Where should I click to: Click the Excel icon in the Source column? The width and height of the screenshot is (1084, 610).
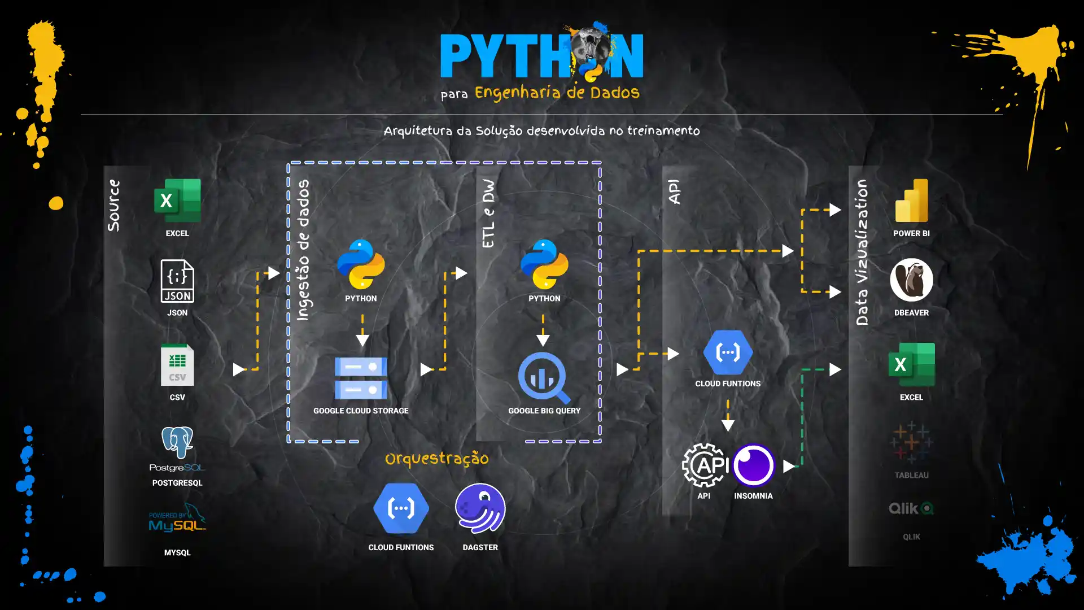tap(177, 201)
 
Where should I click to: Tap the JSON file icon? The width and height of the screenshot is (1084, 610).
tap(177, 281)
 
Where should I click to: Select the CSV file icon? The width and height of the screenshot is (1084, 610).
tap(177, 365)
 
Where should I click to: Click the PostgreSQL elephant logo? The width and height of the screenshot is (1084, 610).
tap(177, 442)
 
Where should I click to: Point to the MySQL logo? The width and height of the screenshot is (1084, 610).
tap(177, 518)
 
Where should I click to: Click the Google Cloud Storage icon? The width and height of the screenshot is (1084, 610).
tap(361, 378)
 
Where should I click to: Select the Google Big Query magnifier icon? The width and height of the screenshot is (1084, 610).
tap(544, 377)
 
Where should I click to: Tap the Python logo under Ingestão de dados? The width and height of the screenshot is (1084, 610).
tap(361, 264)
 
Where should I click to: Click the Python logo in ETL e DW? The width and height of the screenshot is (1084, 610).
tap(544, 264)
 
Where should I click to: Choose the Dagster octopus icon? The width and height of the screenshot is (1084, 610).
tap(480, 508)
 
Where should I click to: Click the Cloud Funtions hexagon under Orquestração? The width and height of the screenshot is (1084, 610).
tap(401, 508)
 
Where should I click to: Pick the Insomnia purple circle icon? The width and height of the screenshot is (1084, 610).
tap(753, 465)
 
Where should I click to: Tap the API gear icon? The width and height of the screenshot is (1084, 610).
tap(704, 465)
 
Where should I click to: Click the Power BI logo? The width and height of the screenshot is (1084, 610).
tap(911, 201)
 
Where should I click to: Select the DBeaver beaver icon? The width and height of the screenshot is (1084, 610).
tap(911, 280)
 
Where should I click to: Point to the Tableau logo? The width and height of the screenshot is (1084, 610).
tap(911, 442)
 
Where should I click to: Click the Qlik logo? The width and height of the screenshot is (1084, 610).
tap(911, 508)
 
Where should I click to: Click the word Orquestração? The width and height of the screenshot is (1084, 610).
tap(436, 459)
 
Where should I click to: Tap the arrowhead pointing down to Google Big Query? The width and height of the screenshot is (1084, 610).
tap(543, 340)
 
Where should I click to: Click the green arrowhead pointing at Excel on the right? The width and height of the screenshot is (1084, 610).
tap(835, 369)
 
